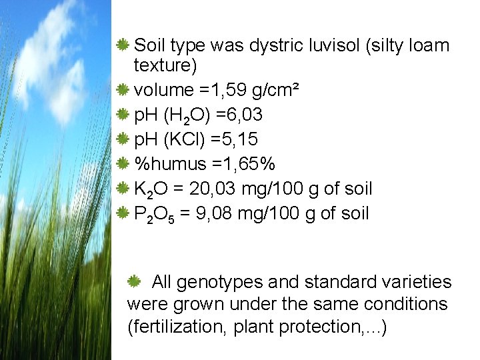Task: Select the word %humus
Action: (x=168, y=164)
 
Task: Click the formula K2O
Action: (x=151, y=189)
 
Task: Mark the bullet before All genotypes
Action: (x=133, y=281)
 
